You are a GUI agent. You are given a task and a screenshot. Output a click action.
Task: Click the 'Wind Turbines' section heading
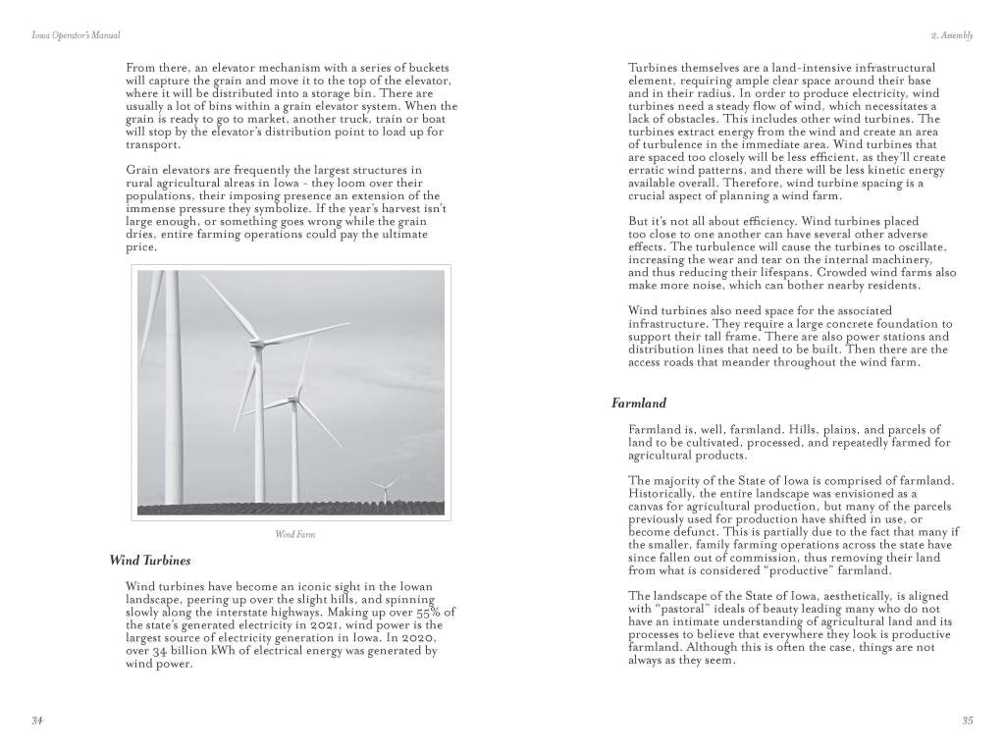pos(150,561)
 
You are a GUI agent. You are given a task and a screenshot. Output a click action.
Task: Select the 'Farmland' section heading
pos(639,403)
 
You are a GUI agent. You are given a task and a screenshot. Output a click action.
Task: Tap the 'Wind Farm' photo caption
pos(294,535)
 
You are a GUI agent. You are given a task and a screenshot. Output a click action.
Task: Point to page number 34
pos(36,721)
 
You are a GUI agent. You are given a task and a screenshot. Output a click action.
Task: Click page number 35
pos(967,721)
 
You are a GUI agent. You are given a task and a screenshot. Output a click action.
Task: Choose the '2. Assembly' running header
pos(951,35)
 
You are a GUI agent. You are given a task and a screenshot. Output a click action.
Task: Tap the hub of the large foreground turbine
pos(259,344)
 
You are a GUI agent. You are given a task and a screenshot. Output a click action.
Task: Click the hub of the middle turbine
pos(294,400)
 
